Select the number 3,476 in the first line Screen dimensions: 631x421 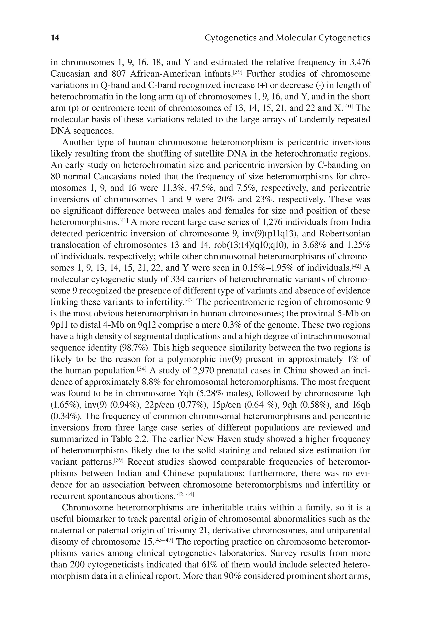(x=360, y=62)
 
